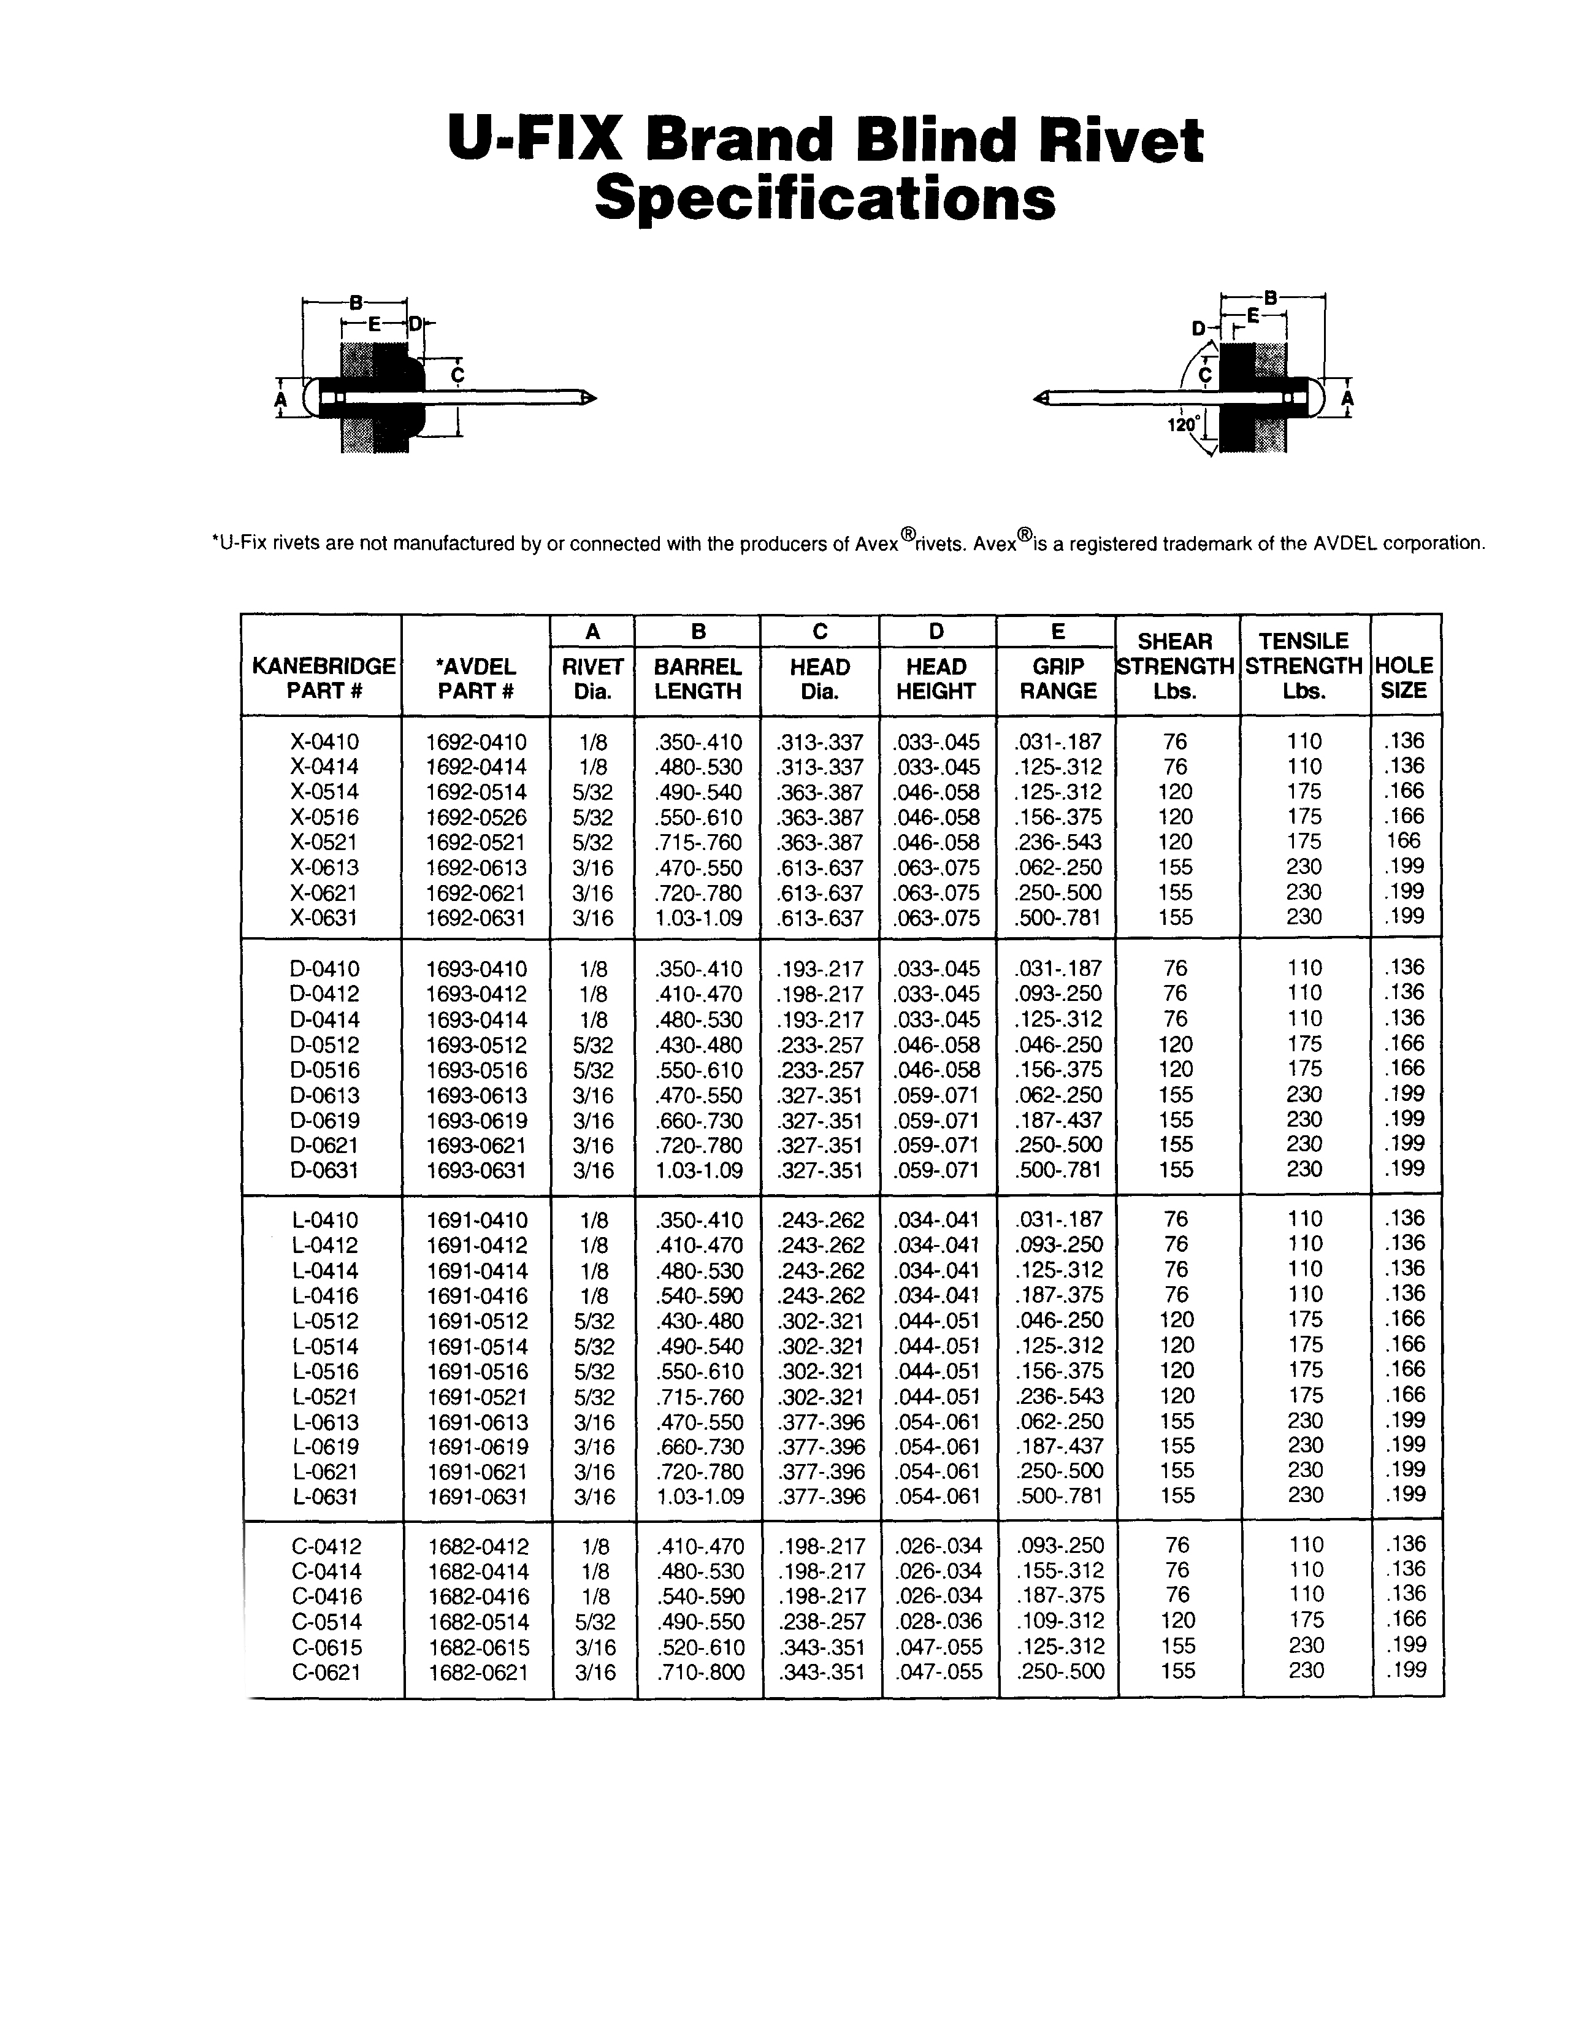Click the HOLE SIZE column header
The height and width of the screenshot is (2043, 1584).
point(1404,678)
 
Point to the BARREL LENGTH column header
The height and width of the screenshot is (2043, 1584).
point(697,679)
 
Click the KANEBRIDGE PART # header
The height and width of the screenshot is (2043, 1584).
point(323,679)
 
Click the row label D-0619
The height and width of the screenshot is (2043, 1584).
point(324,1120)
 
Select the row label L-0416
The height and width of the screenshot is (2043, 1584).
point(324,1295)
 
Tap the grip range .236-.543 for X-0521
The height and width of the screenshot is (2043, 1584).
point(1058,842)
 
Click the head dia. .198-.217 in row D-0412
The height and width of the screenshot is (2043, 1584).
point(820,994)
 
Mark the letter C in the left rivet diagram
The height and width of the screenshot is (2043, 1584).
point(457,376)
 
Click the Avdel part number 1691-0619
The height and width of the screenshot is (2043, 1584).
point(477,1446)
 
